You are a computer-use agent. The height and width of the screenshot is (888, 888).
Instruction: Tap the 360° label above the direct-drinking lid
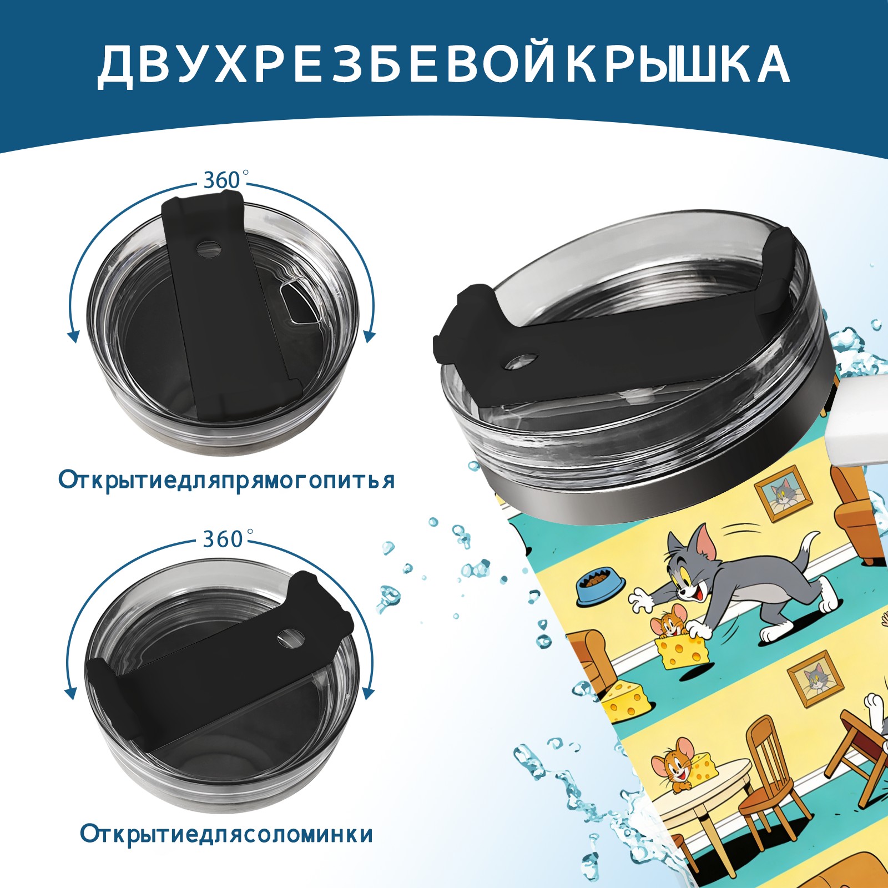click(x=225, y=180)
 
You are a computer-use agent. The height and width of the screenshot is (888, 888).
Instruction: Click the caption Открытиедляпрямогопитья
click(x=227, y=481)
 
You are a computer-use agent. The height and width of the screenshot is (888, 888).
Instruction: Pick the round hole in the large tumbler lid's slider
click(x=522, y=361)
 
